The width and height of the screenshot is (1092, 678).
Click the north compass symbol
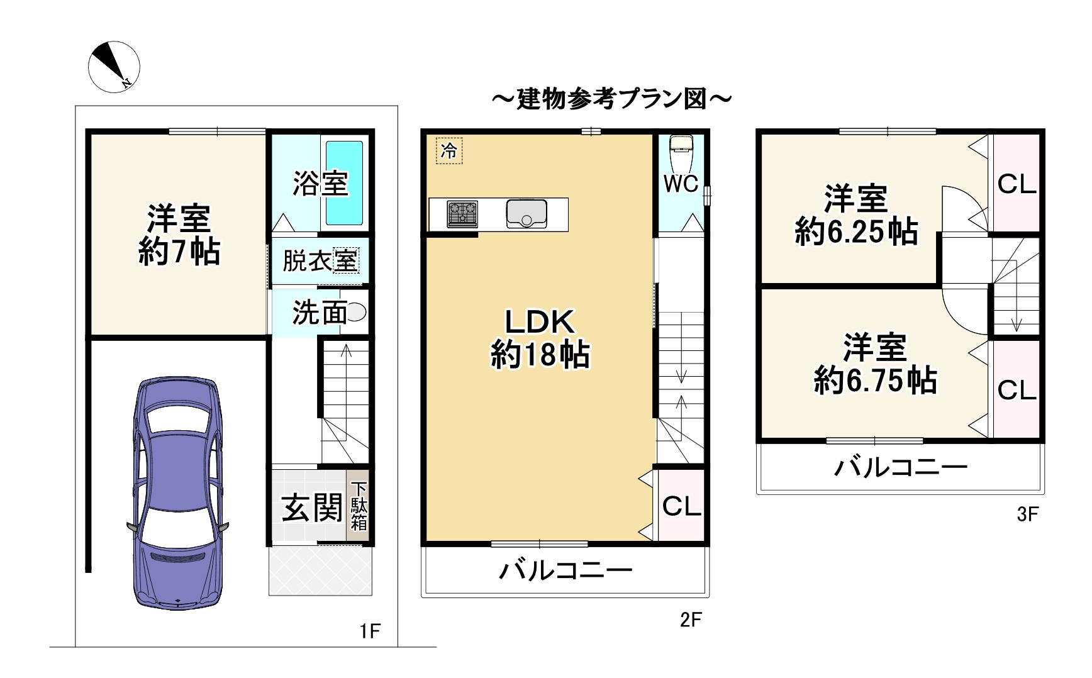tap(113, 67)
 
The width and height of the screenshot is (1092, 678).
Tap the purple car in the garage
tap(179, 494)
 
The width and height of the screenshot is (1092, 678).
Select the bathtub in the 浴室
tap(344, 183)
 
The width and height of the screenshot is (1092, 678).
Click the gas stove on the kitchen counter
tap(462, 214)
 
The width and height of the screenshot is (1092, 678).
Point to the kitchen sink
tap(526, 214)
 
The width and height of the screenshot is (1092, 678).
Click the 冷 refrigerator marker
tap(449, 151)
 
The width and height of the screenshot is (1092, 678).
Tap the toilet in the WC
tap(681, 151)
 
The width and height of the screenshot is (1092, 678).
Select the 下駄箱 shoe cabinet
tap(359, 506)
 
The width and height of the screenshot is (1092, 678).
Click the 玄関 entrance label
tap(312, 508)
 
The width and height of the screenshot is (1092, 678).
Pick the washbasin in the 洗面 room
tap(356, 312)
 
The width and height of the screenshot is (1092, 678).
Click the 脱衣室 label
tap(320, 260)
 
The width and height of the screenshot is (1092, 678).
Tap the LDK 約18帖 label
tap(540, 338)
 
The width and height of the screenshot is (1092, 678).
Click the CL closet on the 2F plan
tap(681, 505)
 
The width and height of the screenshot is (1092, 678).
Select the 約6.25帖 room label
tap(856, 215)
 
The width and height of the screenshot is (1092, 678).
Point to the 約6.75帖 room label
tap(875, 365)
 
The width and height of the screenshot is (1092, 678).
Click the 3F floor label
tap(1027, 514)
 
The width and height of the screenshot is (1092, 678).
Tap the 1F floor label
tap(370, 631)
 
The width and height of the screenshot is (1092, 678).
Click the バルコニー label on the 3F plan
tap(900, 467)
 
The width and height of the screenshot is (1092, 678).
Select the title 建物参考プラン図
tap(611, 99)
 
